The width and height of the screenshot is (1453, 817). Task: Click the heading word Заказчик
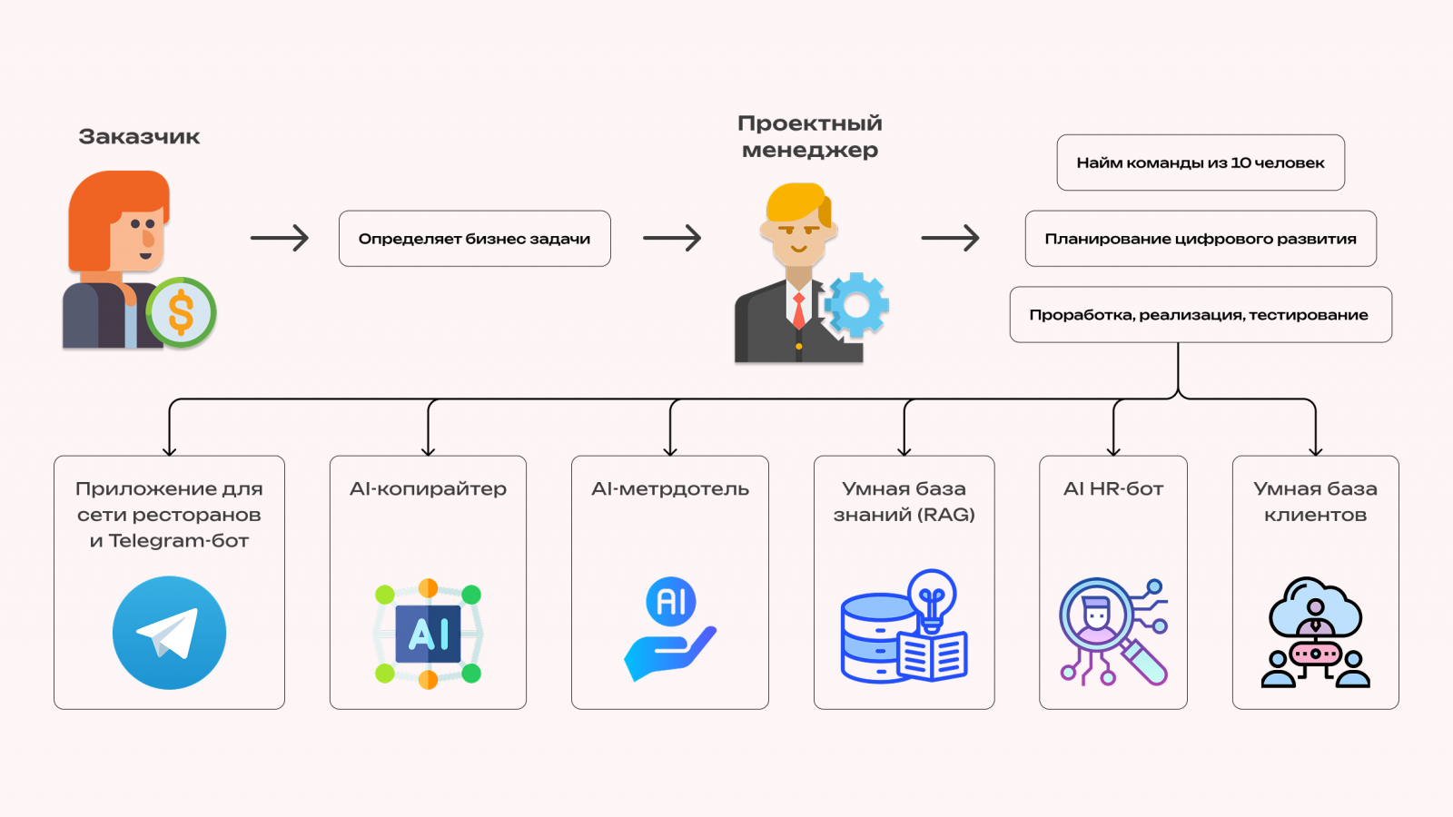[139, 137]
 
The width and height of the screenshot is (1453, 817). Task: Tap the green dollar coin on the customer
[182, 312]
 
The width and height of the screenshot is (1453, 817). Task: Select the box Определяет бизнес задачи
[474, 239]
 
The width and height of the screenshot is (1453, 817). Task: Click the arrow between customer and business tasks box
[280, 239]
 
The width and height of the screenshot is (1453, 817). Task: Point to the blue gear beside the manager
[855, 305]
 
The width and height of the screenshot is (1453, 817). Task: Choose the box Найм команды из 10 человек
[1200, 163]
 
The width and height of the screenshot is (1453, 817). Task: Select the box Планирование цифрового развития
[1200, 239]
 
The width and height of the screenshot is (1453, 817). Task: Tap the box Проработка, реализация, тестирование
[1200, 315]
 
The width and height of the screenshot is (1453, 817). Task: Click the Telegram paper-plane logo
[169, 633]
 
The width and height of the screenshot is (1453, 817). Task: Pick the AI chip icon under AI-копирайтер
[428, 633]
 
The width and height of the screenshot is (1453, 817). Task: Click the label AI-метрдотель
[670, 489]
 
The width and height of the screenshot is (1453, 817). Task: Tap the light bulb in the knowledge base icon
[932, 595]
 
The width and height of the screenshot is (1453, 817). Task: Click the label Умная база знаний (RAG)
[904, 502]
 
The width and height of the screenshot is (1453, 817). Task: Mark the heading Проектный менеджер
[809, 136]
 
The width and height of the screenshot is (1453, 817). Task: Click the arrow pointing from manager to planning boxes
[950, 239]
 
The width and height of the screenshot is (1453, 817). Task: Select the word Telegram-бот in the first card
[179, 541]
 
